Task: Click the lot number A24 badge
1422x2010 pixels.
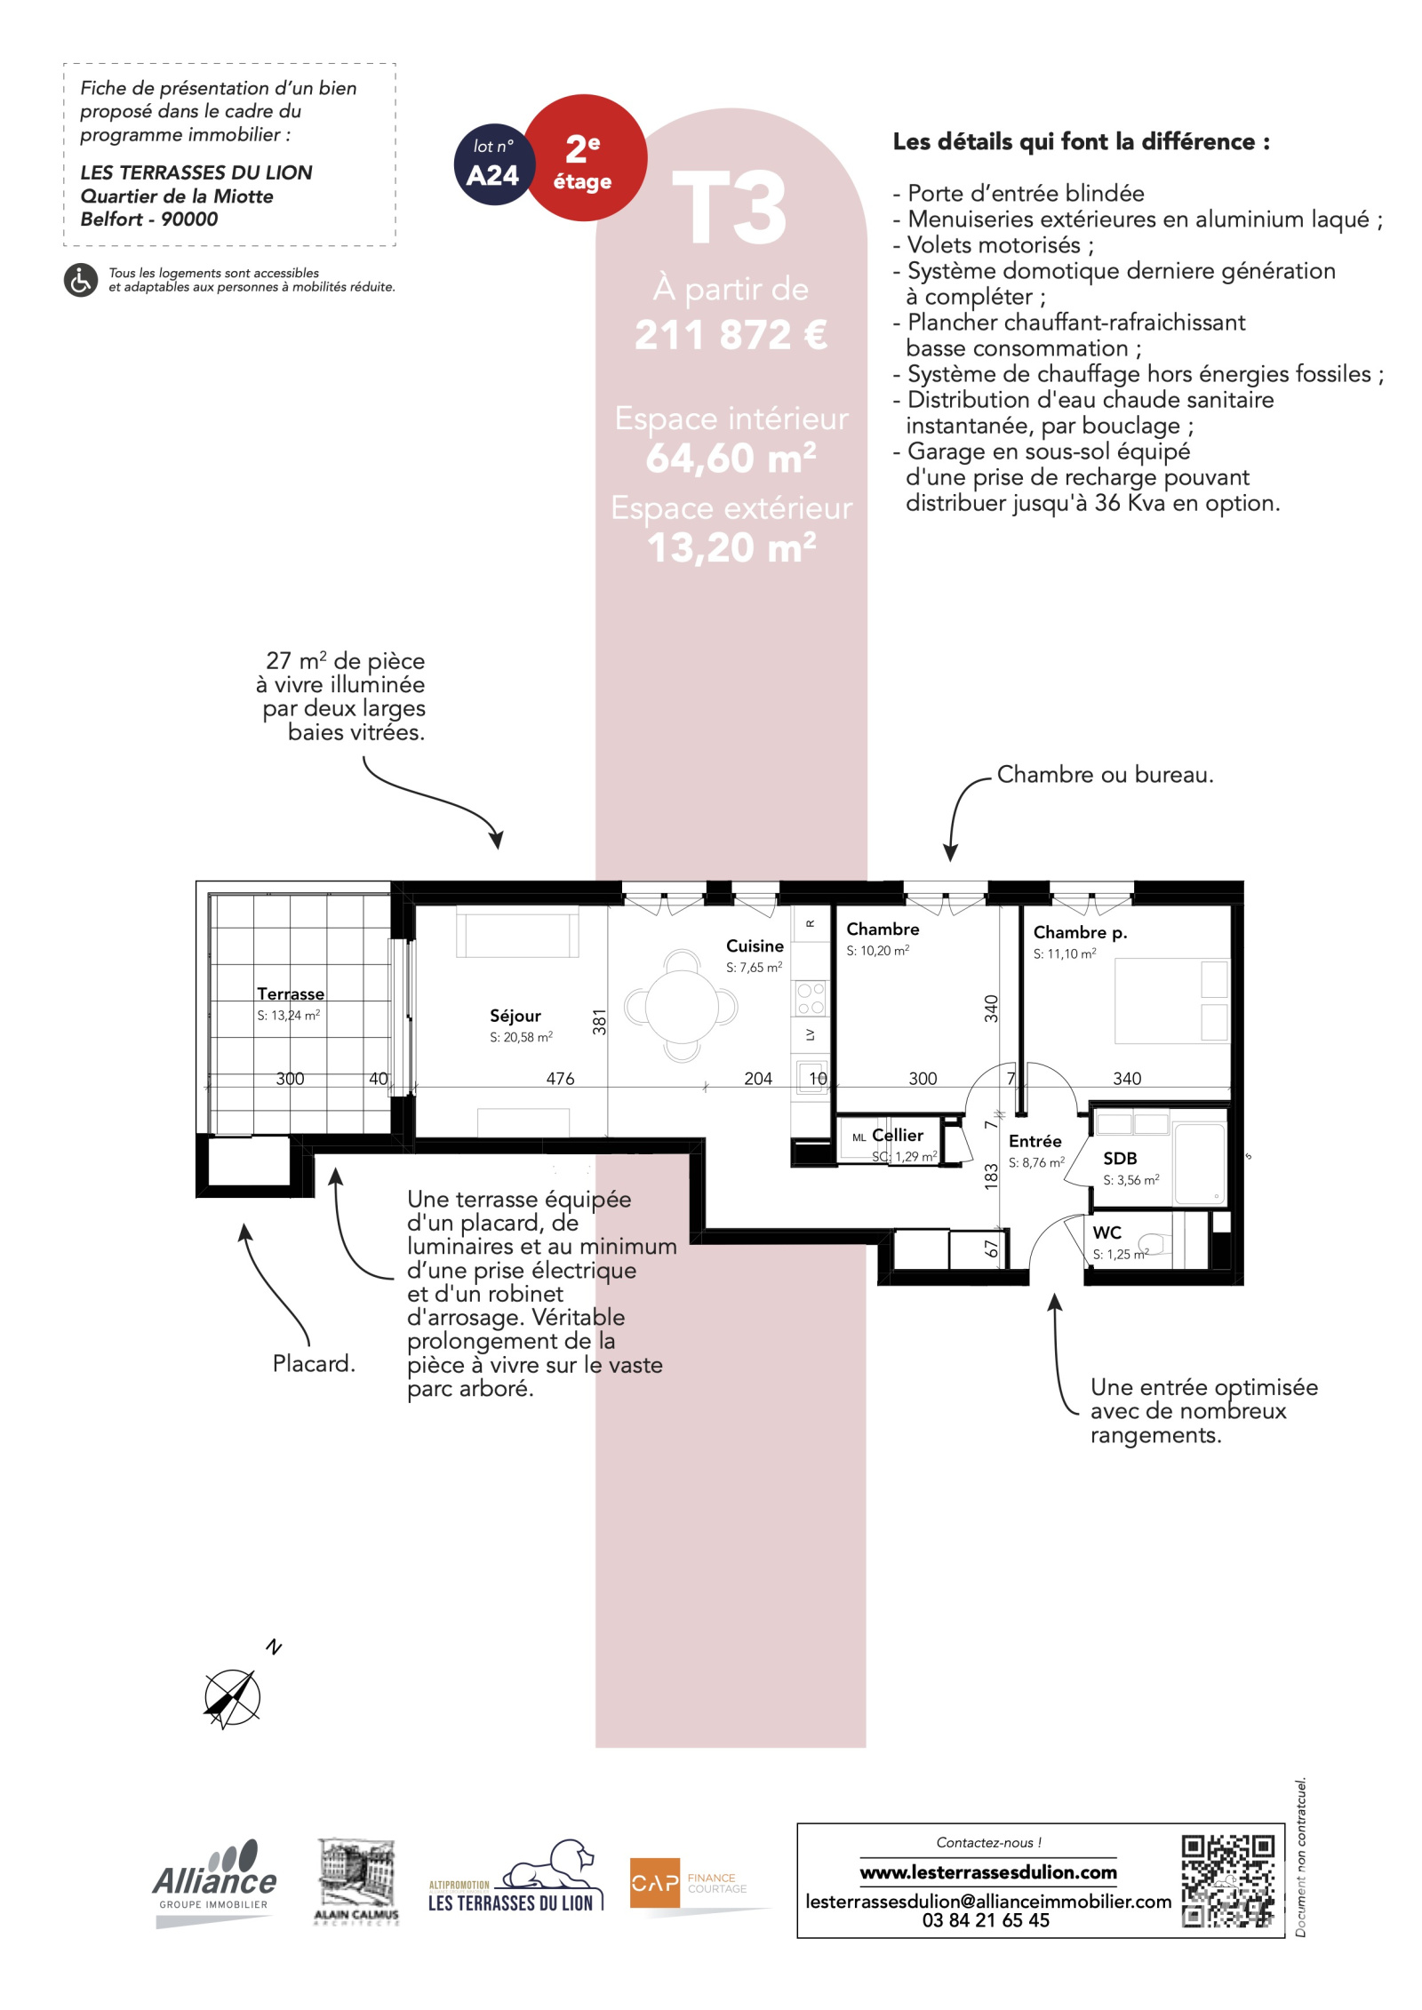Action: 493,164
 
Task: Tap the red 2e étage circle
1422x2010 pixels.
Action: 584,158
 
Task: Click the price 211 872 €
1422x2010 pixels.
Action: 731,335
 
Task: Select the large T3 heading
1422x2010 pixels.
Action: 730,208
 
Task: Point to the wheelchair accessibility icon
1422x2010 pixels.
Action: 81,280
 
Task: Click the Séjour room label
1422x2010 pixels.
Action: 515,1016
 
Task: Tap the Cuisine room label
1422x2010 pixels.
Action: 755,945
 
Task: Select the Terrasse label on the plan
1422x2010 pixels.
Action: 291,993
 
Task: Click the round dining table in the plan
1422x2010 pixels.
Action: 682,1006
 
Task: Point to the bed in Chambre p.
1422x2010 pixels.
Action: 1172,1001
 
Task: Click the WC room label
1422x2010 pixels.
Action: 1106,1232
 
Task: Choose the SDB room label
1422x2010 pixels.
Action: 1120,1158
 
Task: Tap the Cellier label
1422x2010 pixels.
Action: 898,1135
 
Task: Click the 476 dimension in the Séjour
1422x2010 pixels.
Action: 560,1078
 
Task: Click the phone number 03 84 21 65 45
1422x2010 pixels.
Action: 986,1919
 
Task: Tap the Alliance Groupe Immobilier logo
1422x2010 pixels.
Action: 214,1882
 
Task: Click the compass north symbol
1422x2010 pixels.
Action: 233,1698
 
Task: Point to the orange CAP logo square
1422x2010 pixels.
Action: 655,1882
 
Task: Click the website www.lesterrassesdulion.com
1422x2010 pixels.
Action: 988,1872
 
